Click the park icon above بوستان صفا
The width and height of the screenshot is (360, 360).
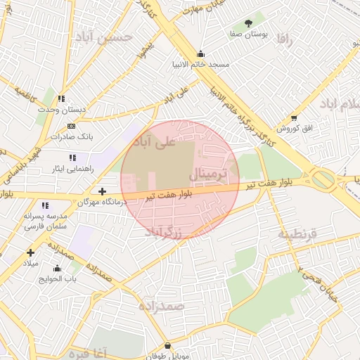[x=248, y=23]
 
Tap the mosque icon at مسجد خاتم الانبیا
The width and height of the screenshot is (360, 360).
[x=201, y=53]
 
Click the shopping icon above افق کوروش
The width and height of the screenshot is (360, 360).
[x=294, y=118]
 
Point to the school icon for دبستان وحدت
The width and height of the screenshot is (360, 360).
[x=61, y=99]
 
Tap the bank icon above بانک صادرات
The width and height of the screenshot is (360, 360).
[x=70, y=125]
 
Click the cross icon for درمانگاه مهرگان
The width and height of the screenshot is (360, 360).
[x=103, y=191]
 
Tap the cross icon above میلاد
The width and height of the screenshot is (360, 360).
[x=30, y=252]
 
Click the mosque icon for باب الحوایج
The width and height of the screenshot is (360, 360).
[x=57, y=269]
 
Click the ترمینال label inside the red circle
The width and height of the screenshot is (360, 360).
[x=209, y=173]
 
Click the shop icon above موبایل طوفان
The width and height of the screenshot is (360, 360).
[x=167, y=346]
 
